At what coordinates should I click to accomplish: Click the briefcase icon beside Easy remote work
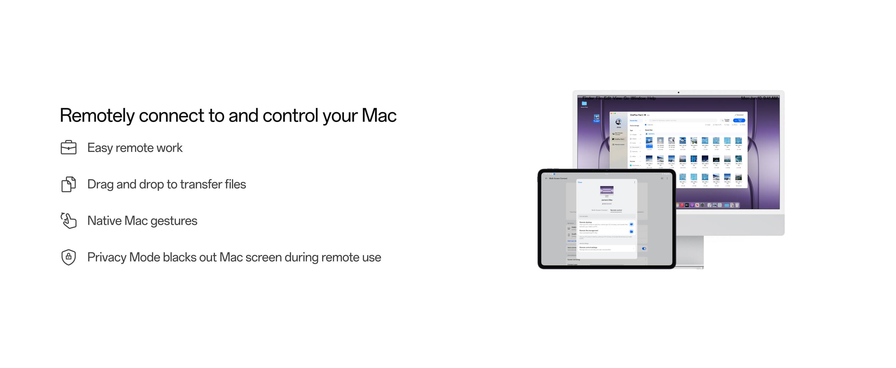(x=69, y=147)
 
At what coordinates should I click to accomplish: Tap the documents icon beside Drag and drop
(x=69, y=184)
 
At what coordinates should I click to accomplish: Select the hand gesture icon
(x=69, y=220)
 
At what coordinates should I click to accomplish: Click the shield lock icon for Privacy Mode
(x=69, y=257)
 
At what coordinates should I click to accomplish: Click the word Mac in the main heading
(x=379, y=115)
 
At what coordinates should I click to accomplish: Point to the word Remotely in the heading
(x=97, y=115)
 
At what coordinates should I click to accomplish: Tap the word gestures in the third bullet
(x=173, y=221)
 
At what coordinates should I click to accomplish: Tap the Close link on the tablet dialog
(x=580, y=182)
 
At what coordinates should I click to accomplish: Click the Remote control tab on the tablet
(x=616, y=210)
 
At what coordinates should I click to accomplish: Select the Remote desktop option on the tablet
(x=586, y=222)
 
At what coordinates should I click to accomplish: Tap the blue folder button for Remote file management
(x=631, y=231)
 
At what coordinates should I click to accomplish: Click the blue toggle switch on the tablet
(x=644, y=249)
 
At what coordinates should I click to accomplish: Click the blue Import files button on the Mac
(x=740, y=120)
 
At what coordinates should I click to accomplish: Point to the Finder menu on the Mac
(x=588, y=98)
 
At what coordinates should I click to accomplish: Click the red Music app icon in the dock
(x=682, y=205)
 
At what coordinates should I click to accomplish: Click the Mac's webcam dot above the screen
(x=678, y=93)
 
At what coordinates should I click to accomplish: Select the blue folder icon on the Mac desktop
(x=584, y=103)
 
